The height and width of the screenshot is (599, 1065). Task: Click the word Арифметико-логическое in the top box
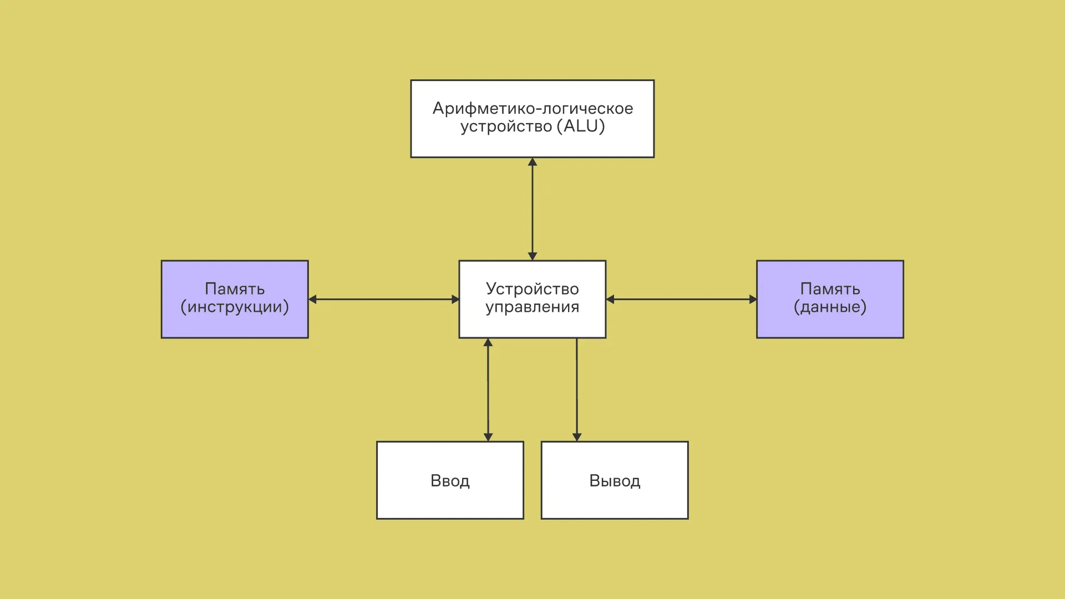532,108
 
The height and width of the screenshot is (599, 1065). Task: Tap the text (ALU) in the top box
584,126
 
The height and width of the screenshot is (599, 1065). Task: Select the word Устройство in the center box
532,288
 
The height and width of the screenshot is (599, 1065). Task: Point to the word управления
532,307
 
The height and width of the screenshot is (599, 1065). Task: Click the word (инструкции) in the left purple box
235,307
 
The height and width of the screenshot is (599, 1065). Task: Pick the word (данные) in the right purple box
830,307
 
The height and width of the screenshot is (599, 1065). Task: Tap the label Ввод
450,481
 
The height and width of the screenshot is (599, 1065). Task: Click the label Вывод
615,481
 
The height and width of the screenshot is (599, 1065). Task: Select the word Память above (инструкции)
235,288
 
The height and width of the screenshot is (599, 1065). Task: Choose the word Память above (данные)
830,288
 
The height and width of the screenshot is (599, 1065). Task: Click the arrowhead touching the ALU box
532,162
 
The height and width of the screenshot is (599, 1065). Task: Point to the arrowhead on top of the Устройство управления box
532,256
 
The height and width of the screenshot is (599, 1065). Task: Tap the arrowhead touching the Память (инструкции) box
313,299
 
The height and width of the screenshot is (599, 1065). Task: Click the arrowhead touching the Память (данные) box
753,299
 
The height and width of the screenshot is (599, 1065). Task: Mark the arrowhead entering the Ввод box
488,437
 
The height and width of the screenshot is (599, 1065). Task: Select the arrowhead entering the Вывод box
577,437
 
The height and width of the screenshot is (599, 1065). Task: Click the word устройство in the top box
506,126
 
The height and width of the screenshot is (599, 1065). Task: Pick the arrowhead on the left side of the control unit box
455,299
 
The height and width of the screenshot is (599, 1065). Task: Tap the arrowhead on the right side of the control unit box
610,299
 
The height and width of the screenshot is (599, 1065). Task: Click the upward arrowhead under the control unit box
488,343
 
